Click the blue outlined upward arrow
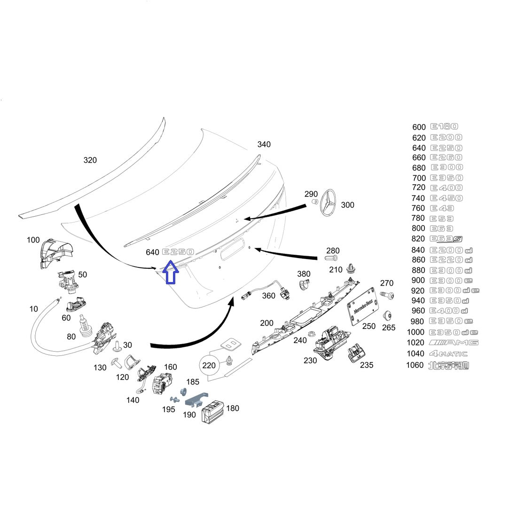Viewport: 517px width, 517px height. pos(171,272)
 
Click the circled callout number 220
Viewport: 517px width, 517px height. pos(209,365)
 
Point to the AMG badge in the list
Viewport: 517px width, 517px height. pos(454,343)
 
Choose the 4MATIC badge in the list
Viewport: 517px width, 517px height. pos(448,353)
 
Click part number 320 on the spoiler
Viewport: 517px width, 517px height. pos(90,160)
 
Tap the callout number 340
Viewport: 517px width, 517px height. pos(264,144)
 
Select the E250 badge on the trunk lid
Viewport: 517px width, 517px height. pos(178,252)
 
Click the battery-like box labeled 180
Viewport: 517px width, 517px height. pos(213,412)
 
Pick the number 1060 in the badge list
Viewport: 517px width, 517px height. pos(415,365)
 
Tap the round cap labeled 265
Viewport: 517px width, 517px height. pos(388,315)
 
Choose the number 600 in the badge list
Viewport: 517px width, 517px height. pos(419,127)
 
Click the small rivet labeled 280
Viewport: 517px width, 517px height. pos(331,258)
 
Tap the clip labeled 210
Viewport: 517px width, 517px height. pos(350,269)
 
